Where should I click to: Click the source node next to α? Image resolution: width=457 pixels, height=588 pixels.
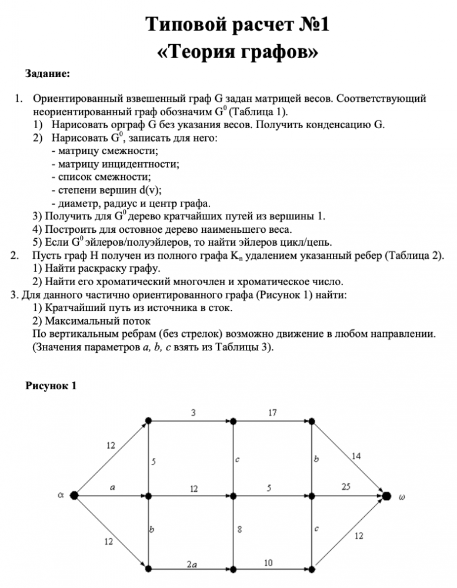point(75,496)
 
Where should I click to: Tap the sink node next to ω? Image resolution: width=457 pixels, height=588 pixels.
point(386,496)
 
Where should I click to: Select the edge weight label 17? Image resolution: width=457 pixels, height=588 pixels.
point(272,413)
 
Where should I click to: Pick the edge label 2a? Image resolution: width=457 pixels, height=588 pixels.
point(192,564)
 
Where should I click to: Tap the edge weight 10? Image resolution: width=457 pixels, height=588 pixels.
point(268,563)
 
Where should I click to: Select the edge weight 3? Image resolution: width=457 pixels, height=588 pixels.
point(194,413)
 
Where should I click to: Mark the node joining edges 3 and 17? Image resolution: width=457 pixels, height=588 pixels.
point(233,421)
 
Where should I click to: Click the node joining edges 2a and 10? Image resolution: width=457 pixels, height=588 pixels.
point(233,569)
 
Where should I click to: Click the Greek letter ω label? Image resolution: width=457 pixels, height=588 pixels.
point(402,496)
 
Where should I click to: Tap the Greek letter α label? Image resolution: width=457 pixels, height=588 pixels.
point(61,495)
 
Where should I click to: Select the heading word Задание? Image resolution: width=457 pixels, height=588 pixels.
point(47,74)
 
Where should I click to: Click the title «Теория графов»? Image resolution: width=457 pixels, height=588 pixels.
point(238,52)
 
